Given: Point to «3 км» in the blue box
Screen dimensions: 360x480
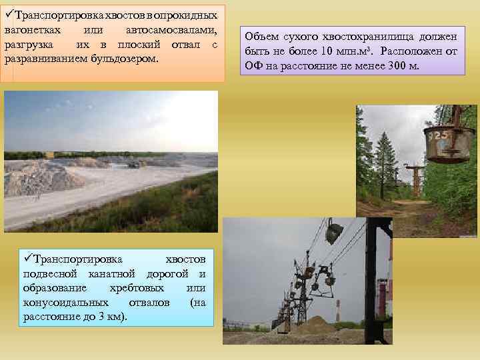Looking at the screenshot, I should [109, 316].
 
